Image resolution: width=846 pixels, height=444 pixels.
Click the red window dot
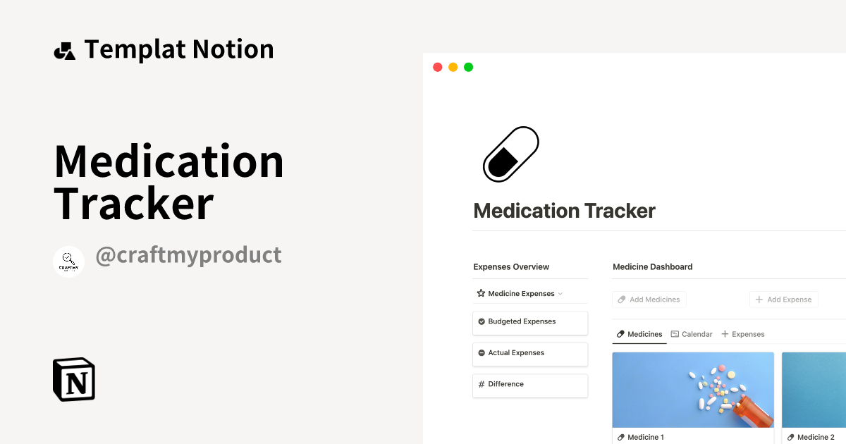coord(437,67)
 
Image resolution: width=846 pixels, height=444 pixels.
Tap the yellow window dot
coord(453,67)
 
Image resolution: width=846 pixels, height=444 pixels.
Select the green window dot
coord(468,67)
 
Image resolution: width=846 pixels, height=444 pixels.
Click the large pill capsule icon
coord(510,154)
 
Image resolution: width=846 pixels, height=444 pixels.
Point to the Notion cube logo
coord(74,379)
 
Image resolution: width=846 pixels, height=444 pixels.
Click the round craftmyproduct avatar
coord(69,261)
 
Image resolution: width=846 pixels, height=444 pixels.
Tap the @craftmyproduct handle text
coord(188,255)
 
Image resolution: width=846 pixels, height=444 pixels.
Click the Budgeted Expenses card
coord(529,322)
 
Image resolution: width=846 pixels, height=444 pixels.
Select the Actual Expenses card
coord(529,353)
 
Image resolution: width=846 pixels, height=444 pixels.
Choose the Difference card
coord(529,385)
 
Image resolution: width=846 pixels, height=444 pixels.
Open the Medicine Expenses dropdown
coord(520,294)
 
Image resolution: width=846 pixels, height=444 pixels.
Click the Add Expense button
coord(783,300)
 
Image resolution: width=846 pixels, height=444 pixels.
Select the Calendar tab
coord(692,334)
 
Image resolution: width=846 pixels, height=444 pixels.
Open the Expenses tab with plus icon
coord(743,334)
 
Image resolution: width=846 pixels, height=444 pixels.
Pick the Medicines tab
coord(639,334)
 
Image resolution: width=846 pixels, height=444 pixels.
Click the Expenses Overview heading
coord(511,267)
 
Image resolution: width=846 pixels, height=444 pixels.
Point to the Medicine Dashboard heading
coord(652,267)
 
